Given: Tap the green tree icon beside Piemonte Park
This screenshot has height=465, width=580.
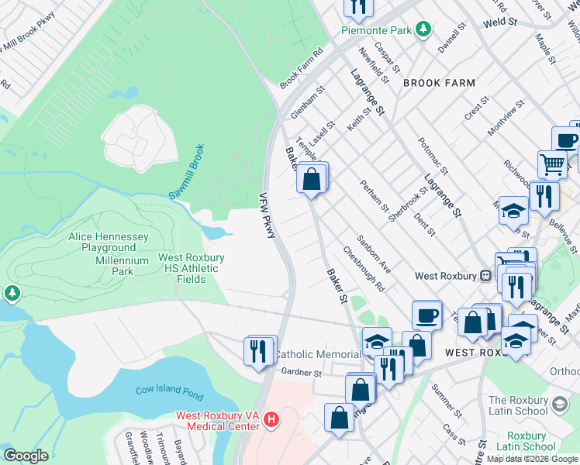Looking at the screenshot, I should click(423, 29).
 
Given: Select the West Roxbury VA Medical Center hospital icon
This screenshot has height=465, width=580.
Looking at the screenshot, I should click(271, 420).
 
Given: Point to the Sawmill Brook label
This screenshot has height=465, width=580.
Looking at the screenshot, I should click(186, 172).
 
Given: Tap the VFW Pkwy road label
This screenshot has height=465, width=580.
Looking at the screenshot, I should click(268, 215).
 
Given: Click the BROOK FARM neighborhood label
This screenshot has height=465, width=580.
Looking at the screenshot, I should click(439, 82).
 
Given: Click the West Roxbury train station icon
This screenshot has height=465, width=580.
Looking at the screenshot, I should click(485, 274).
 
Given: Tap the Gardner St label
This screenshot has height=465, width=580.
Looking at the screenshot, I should click(301, 374).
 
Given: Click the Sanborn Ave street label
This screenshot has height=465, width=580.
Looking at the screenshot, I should click(375, 250).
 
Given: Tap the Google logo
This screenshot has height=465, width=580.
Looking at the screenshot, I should click(26, 456).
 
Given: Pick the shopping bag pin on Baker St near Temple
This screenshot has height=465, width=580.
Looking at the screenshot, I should click(311, 179).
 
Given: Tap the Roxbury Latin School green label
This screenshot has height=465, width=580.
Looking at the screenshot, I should click(520, 441).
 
